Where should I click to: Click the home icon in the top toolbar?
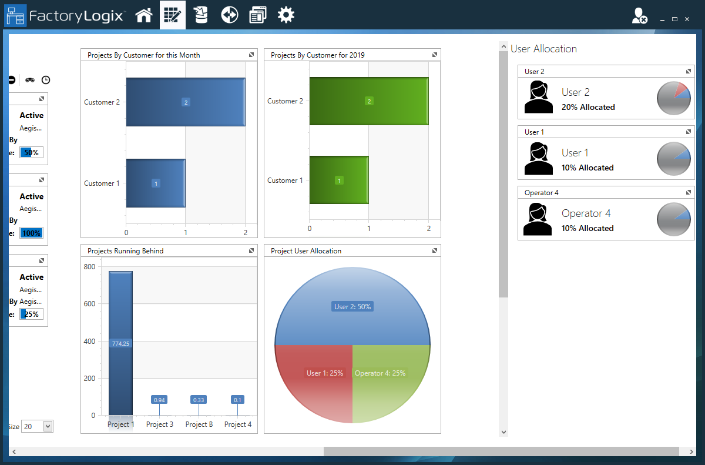(x=144, y=15)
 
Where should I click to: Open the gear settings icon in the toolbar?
(x=286, y=15)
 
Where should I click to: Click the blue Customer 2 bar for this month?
(x=186, y=102)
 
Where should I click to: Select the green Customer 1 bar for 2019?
(x=339, y=180)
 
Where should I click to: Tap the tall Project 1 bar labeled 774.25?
(x=120, y=343)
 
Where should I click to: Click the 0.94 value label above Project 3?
(x=159, y=400)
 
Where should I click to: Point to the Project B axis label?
(x=199, y=424)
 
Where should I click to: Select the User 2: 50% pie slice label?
(x=352, y=306)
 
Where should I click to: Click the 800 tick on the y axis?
(x=89, y=266)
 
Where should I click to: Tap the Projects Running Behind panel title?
(x=126, y=251)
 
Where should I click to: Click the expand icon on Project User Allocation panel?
(x=435, y=251)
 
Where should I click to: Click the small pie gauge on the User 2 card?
(x=673, y=99)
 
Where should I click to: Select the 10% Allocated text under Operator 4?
(x=587, y=228)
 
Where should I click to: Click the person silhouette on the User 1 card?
(x=538, y=159)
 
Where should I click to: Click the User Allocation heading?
(x=543, y=49)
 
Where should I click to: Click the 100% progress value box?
(x=31, y=233)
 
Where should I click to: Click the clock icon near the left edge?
(x=46, y=80)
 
